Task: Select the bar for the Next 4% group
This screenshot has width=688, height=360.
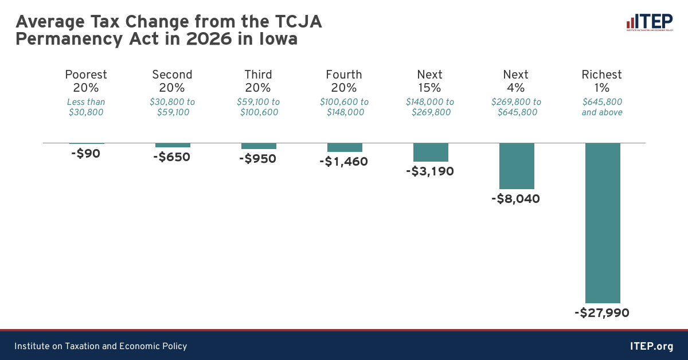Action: pos(517,166)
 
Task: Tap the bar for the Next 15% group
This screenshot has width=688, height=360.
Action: pos(431,152)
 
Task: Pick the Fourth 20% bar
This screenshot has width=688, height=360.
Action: pos(345,147)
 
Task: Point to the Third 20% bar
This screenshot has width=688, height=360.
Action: pos(259,146)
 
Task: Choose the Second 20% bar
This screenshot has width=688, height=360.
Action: pos(173,145)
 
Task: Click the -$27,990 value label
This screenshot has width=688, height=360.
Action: pos(602,313)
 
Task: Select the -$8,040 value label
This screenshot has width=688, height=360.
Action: pos(516,199)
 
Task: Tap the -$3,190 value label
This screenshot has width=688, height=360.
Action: pos(430,171)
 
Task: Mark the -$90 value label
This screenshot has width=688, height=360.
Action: pos(86,154)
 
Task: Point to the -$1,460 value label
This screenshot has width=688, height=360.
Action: pos(343,162)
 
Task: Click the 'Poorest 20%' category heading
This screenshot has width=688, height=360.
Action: pos(86,81)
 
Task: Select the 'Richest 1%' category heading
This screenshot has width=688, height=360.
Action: pos(602,81)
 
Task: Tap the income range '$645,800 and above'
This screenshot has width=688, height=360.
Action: pos(602,107)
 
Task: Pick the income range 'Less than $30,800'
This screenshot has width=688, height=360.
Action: pos(86,107)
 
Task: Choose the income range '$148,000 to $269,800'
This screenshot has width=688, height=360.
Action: pos(430,107)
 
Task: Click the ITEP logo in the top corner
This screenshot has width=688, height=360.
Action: pos(649,23)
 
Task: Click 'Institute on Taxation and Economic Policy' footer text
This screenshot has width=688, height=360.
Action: pos(101,346)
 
